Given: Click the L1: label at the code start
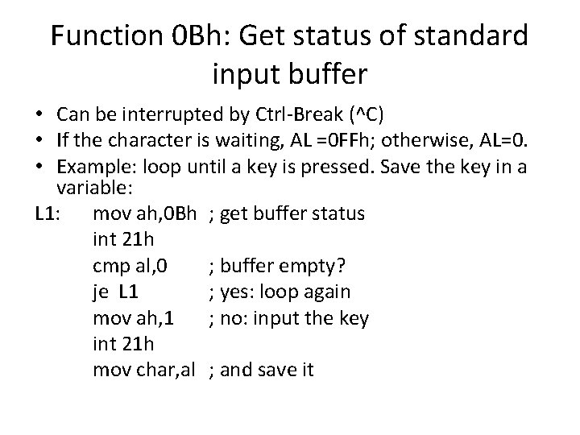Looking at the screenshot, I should pyautogui.click(x=50, y=214).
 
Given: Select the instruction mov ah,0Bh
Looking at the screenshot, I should pyautogui.click(x=145, y=214).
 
